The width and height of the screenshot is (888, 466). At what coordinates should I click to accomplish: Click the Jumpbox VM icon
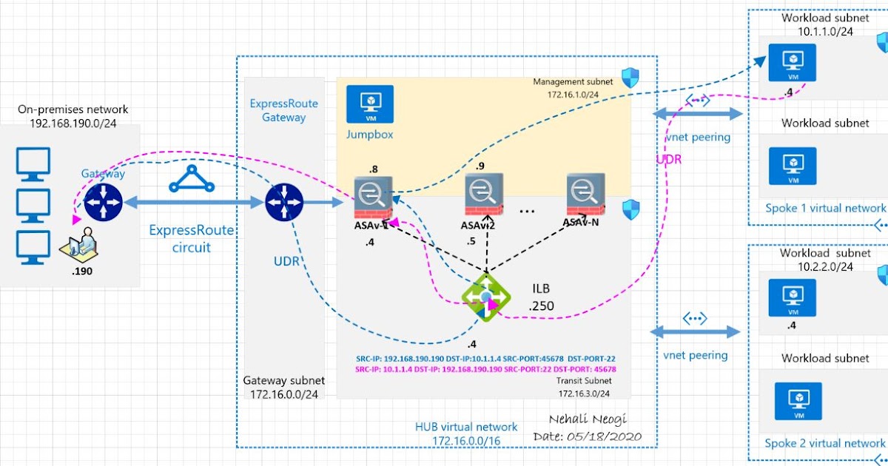[370, 104]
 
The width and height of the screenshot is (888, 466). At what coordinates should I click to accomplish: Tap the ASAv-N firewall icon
[585, 194]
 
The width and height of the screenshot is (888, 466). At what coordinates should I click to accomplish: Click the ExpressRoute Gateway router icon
[285, 201]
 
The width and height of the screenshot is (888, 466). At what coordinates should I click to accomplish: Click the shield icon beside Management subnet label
[630, 78]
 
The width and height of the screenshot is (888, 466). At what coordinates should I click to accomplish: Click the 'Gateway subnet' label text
[284, 380]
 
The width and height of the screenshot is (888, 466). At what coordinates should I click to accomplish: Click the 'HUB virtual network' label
[466, 427]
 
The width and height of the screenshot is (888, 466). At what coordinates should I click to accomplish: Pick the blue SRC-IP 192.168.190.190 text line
[485, 358]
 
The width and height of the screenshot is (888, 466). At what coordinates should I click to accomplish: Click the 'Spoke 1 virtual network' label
[825, 208]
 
